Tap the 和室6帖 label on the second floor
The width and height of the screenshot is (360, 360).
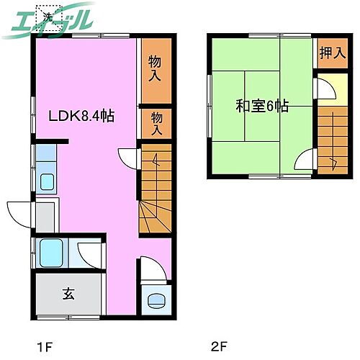tap(262, 106)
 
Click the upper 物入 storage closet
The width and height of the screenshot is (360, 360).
tap(155, 68)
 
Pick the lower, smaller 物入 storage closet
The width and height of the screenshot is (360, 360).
tap(155, 122)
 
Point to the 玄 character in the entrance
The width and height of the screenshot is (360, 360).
tap(68, 293)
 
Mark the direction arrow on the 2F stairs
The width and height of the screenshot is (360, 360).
tap(333, 162)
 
